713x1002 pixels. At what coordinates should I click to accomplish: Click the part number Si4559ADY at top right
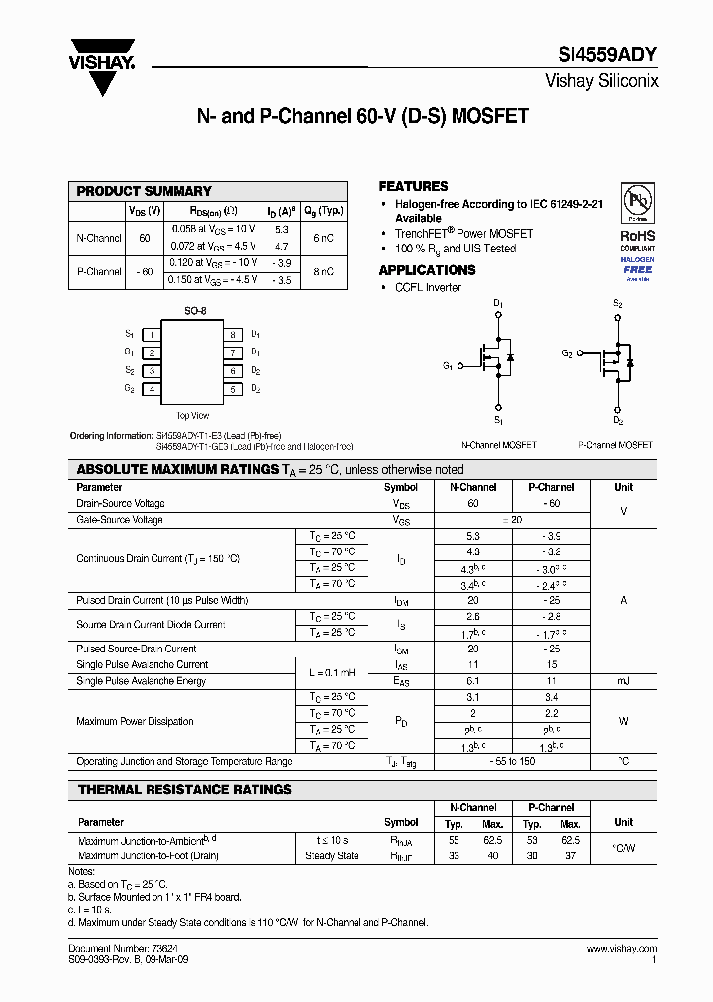coord(603,57)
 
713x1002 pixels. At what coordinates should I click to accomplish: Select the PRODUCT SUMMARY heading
coord(145,191)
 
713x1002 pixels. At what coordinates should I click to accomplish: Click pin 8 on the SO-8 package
coord(233,335)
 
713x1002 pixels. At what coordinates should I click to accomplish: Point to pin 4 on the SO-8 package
coord(152,389)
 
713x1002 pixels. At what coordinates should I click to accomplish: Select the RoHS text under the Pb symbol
coord(637,236)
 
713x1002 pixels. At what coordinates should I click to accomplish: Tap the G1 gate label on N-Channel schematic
coord(448,366)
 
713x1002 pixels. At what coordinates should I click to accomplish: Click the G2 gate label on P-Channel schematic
coord(567,353)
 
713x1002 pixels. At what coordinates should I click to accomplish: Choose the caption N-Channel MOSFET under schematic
coord(499,445)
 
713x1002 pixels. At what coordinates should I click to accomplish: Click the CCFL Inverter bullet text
coord(428,287)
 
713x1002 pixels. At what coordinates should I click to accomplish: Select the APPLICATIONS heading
coord(427,270)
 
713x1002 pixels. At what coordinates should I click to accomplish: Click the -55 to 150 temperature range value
coord(513,762)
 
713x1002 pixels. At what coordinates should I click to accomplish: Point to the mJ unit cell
coord(623,681)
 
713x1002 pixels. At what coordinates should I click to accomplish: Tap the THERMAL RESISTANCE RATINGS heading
coord(184,790)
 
